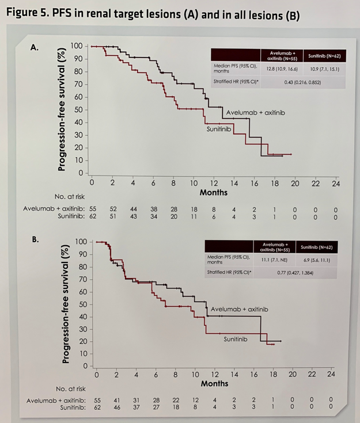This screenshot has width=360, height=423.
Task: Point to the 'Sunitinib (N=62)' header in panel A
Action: pyautogui.click(x=323, y=56)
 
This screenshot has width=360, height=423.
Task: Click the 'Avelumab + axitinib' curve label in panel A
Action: pyautogui.click(x=255, y=112)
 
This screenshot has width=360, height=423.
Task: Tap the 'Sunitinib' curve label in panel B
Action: pyautogui.click(x=235, y=340)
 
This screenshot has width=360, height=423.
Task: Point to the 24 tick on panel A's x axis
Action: pyautogui.click(x=336, y=183)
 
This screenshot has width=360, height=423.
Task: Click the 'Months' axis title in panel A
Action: pyautogui.click(x=213, y=192)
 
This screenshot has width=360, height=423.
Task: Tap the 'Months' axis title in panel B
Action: pyautogui.click(x=214, y=383)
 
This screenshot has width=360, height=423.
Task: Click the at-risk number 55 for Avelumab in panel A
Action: pyautogui.click(x=92, y=208)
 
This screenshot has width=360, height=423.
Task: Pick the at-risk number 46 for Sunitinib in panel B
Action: pyautogui.click(x=116, y=407)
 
